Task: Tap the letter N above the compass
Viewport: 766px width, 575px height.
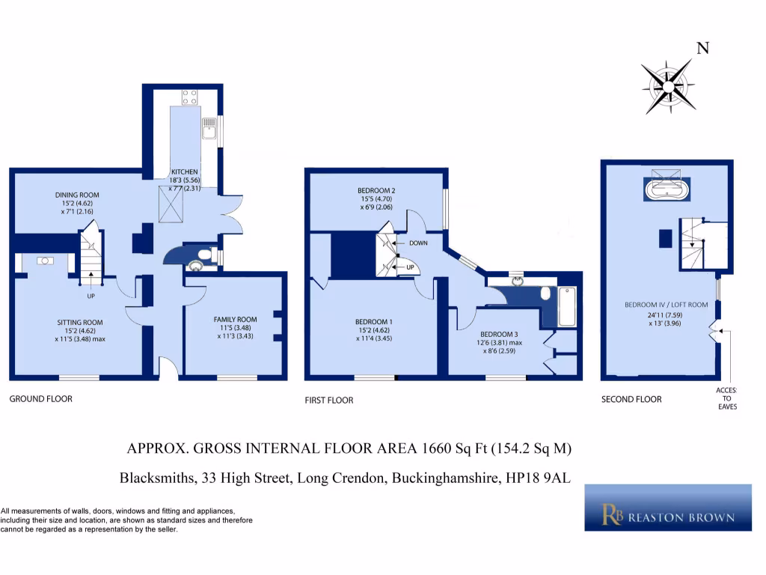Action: pos(702,49)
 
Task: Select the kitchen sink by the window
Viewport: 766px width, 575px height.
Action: pos(208,132)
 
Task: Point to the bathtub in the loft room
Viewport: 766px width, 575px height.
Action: pos(666,187)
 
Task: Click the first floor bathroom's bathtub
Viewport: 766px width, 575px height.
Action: pos(566,307)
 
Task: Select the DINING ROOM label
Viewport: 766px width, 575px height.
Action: pos(76,195)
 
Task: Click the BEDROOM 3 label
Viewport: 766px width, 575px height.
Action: pos(498,334)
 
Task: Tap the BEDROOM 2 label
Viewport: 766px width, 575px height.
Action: pos(376,191)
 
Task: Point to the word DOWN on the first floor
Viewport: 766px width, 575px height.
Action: pos(417,243)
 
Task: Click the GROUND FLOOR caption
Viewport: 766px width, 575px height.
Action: pos(40,399)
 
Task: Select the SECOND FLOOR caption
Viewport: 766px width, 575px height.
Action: pos(631,400)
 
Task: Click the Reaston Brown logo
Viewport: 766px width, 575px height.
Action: pos(667,508)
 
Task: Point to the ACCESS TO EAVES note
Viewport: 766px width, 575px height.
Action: pos(726,398)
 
